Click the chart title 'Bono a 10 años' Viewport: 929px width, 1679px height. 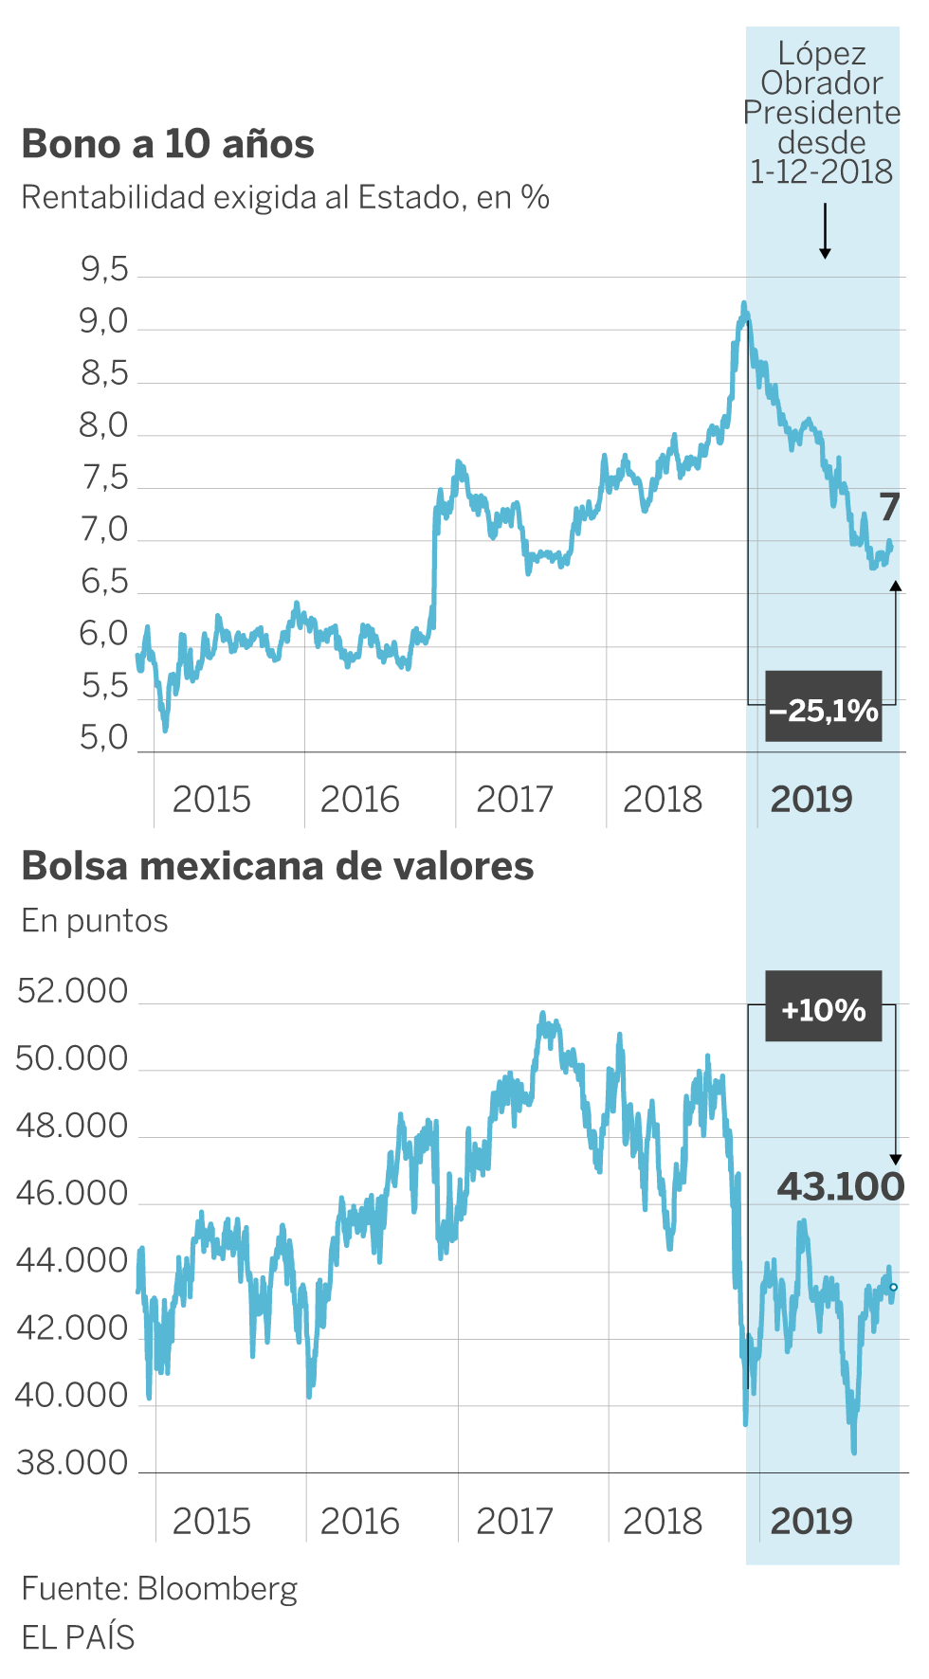click(x=168, y=144)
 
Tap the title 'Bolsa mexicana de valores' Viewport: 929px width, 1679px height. click(x=277, y=866)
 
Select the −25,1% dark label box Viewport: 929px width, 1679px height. click(x=823, y=708)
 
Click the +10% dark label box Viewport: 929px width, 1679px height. click(x=823, y=1007)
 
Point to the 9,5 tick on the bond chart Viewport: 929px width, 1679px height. click(x=104, y=271)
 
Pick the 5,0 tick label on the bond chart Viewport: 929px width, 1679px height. click(x=104, y=738)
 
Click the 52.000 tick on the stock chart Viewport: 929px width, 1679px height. click(x=73, y=992)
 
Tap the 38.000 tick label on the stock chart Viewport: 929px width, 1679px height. click(x=73, y=1464)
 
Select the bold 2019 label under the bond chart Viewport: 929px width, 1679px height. click(x=811, y=800)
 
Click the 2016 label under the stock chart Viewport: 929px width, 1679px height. click(x=360, y=1522)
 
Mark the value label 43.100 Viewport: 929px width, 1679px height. click(x=841, y=1186)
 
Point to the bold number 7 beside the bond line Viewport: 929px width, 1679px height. click(x=888, y=508)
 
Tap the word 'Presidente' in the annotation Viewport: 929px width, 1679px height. click(x=822, y=113)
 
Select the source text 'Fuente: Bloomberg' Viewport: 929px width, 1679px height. click(x=159, y=1589)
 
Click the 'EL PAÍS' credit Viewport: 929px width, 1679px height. click(x=78, y=1637)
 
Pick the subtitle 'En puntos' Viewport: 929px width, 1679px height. click(x=95, y=921)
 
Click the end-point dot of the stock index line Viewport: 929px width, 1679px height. click(x=893, y=1287)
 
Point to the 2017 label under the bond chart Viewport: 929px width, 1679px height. click(x=515, y=800)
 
